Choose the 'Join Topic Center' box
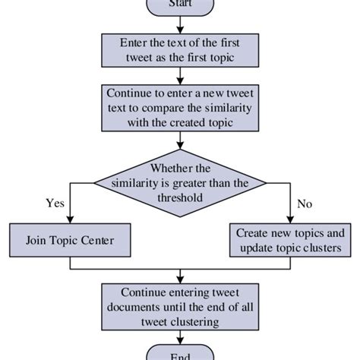click(x=70, y=241)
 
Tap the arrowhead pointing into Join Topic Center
click(x=70, y=220)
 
